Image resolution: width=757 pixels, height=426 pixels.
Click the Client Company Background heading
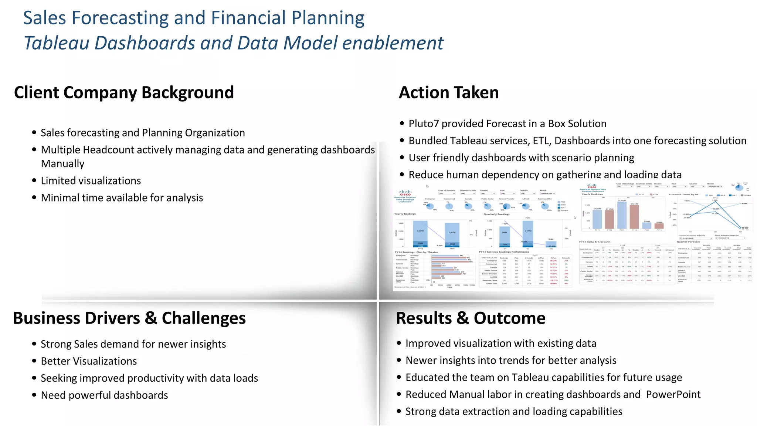(124, 92)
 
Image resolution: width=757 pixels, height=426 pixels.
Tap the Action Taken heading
(449, 92)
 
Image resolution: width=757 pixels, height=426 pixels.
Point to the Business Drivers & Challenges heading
(129, 318)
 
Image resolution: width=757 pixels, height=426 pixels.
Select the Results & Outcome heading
(471, 318)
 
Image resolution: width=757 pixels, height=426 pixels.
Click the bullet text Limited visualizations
(91, 181)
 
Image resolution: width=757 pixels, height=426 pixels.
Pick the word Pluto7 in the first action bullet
(424, 124)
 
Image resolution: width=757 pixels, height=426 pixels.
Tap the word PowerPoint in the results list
(673, 395)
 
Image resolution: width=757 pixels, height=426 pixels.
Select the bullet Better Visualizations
(89, 361)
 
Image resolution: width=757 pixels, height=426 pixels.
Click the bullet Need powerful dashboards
(104, 395)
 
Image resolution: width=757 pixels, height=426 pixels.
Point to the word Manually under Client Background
(62, 164)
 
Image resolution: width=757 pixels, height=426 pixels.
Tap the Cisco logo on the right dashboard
(592, 186)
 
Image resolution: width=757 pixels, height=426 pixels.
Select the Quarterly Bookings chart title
(496, 214)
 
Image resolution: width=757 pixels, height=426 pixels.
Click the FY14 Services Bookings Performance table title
(504, 252)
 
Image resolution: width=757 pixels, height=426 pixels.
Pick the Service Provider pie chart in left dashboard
(507, 206)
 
